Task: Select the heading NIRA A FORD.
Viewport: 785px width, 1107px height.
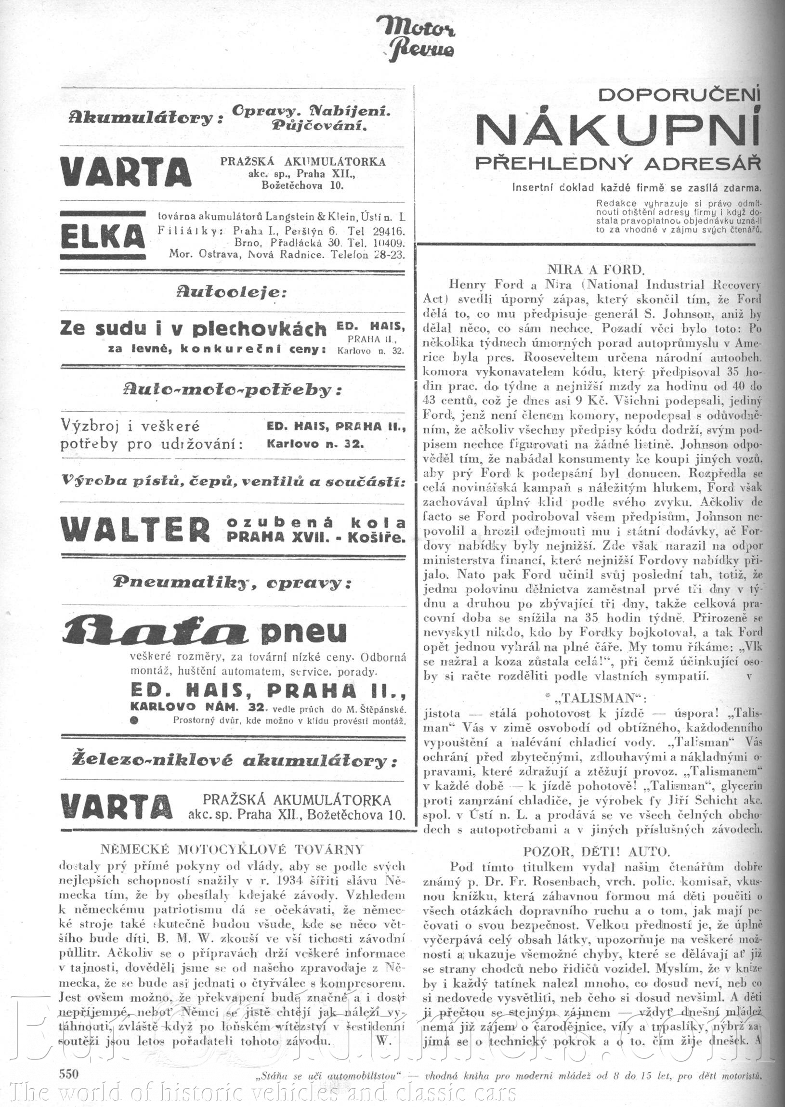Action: point(596,269)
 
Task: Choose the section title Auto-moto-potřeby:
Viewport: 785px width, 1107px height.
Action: point(233,390)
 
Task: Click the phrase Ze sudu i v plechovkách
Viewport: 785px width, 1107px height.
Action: point(193,329)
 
